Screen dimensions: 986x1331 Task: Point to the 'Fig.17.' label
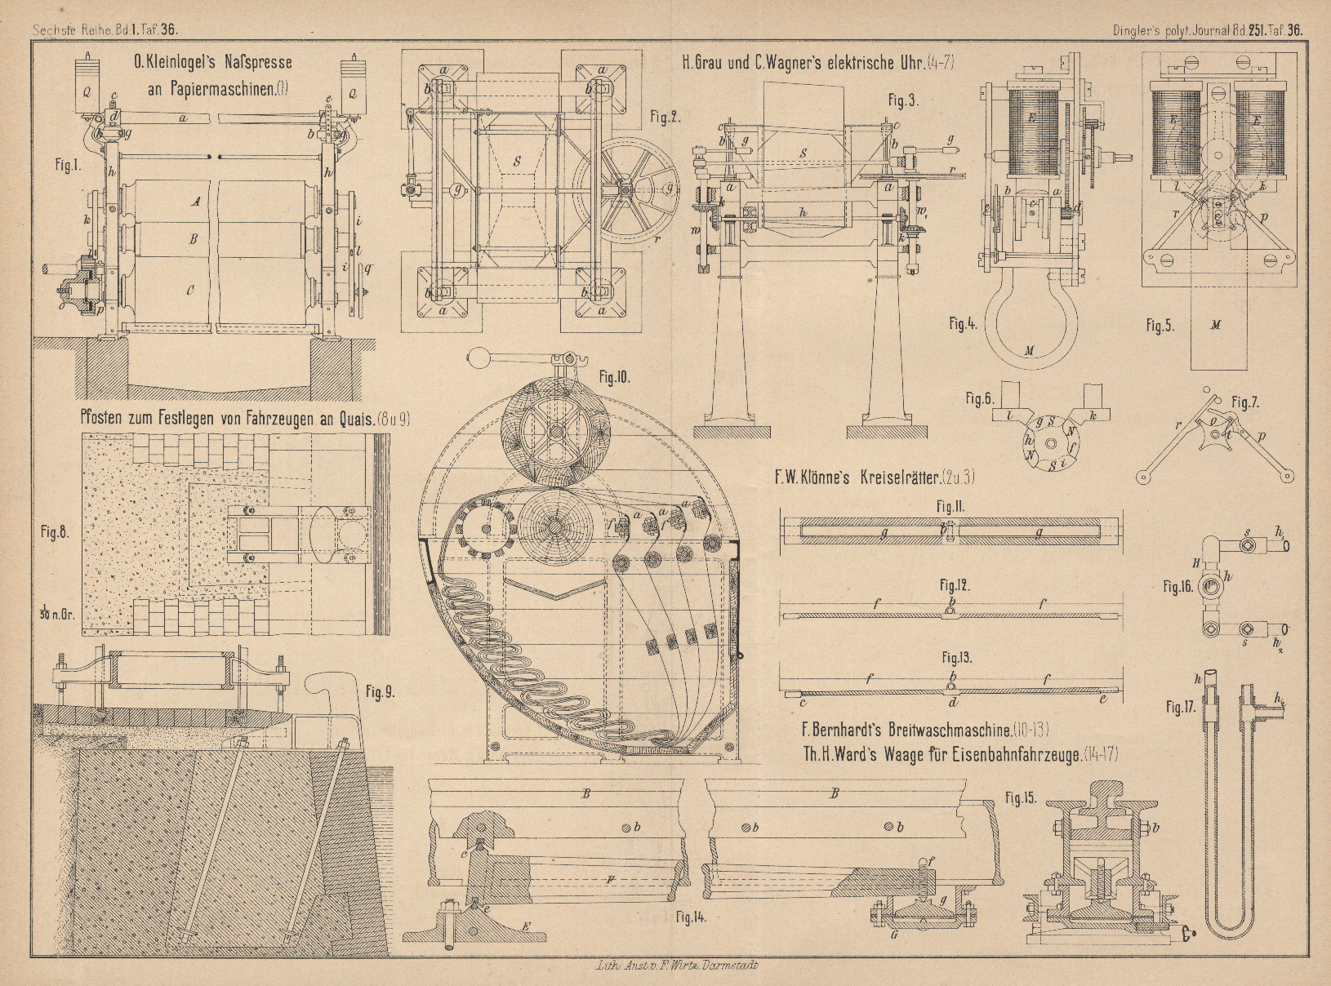[1180, 708]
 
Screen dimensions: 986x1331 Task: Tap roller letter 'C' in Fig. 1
[190, 290]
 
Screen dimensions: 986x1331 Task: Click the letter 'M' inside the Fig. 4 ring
[1029, 351]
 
